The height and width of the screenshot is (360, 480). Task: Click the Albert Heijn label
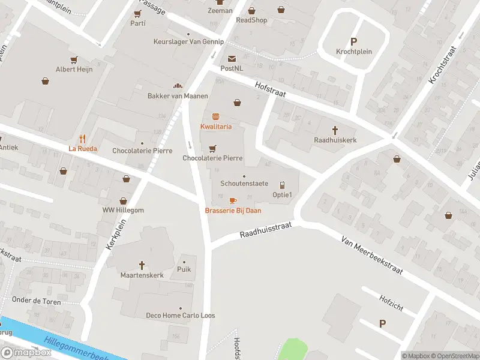point(74,69)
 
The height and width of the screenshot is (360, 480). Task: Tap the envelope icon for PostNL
point(232,58)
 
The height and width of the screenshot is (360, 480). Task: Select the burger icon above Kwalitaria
point(215,116)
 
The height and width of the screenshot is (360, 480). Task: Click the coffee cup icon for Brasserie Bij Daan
point(233,200)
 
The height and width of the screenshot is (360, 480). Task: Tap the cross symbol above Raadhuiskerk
point(335,129)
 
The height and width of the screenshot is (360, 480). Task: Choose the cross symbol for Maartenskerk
point(142,265)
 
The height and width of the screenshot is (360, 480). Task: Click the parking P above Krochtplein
point(353,41)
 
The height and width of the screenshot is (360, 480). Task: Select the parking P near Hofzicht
point(382,323)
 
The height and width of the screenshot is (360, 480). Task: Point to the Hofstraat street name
point(270,90)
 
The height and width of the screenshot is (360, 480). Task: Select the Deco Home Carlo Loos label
point(181,316)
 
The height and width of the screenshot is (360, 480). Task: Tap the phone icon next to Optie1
point(282,185)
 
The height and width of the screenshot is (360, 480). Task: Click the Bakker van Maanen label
point(178,96)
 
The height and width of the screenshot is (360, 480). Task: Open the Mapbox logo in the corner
point(26,353)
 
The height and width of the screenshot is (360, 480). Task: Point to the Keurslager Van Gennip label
point(188,41)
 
